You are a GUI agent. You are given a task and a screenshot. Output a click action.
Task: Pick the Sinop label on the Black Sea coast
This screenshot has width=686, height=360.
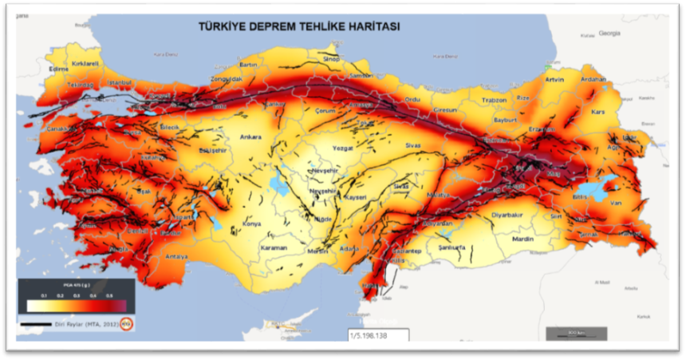[329, 59]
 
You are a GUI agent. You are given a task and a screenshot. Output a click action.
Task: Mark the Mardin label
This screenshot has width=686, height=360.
[522, 239]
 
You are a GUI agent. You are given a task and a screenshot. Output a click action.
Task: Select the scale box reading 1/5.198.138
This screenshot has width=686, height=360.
[377, 336]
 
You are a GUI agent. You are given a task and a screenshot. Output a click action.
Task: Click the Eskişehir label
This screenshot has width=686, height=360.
[214, 149]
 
